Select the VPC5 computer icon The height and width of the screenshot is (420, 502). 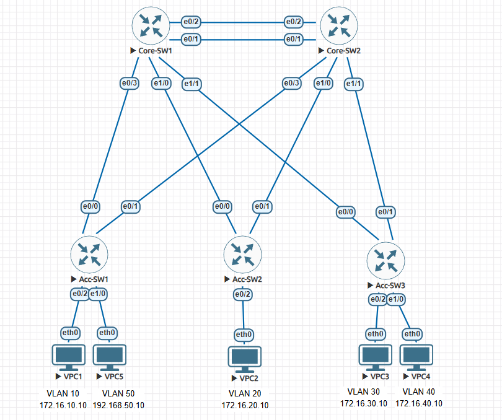[x=109, y=357]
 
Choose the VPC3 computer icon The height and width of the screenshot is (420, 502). [x=376, y=357]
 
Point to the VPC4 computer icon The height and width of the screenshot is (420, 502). [x=416, y=357]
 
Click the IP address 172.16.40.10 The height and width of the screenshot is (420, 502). [x=419, y=403]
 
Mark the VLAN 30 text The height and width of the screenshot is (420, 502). [x=364, y=392]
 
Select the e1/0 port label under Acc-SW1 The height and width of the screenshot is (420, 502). [x=99, y=294]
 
